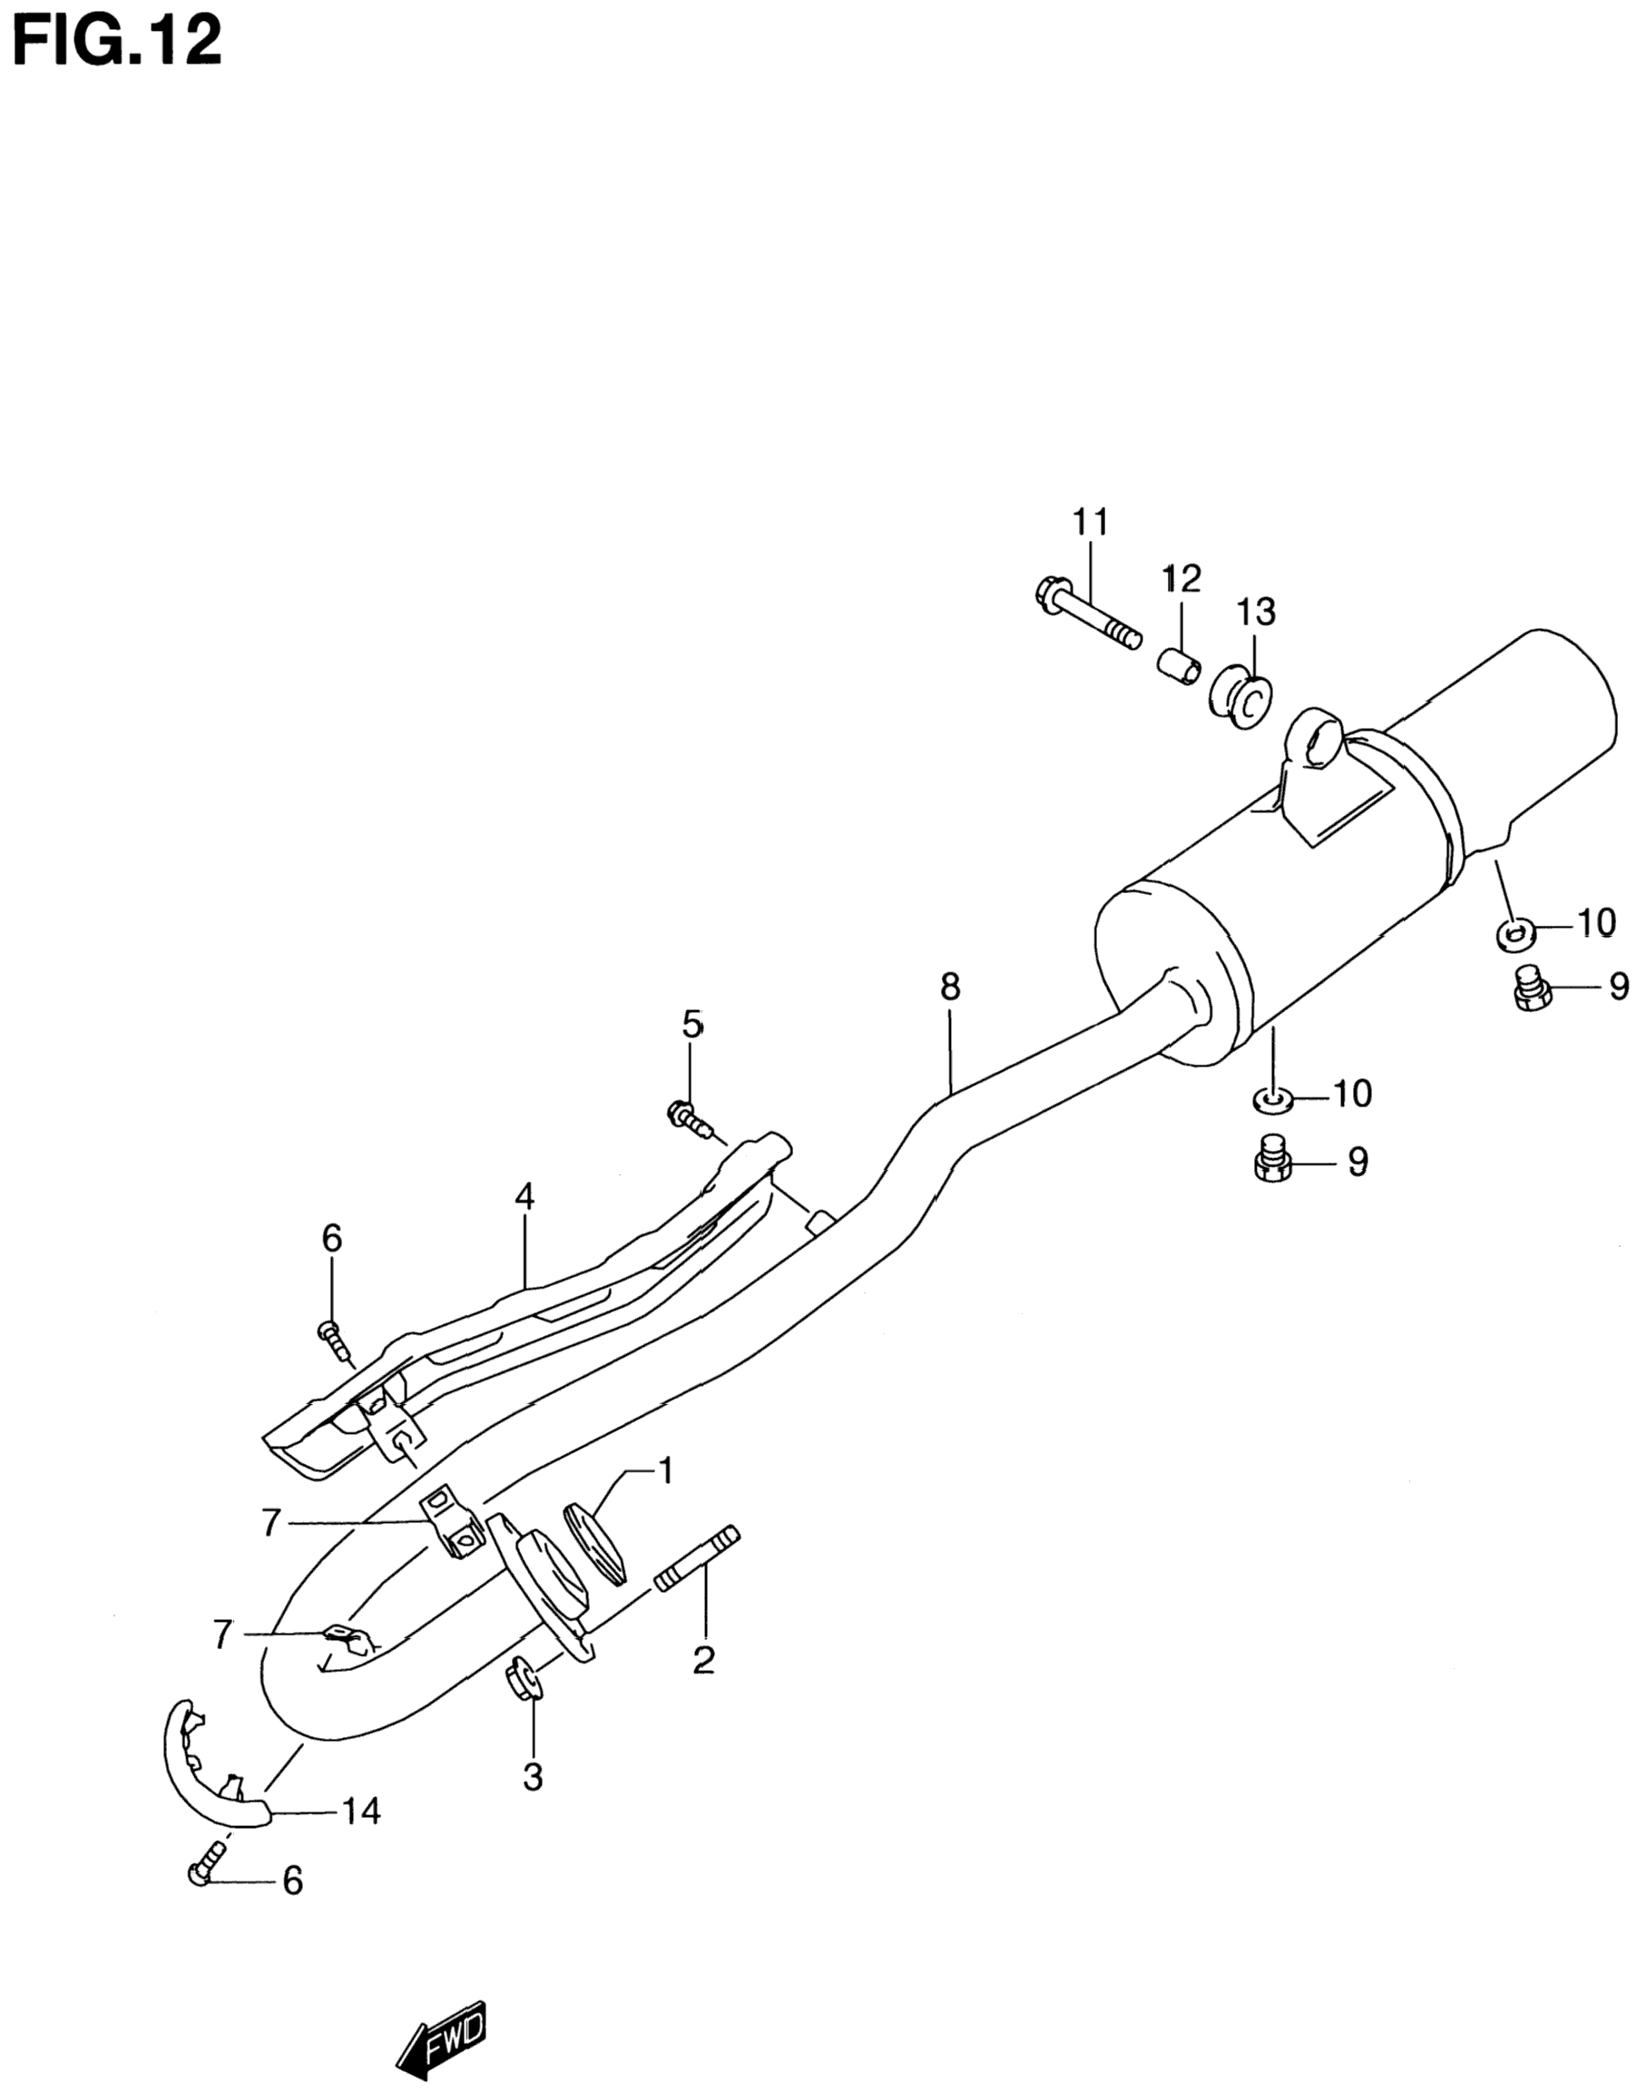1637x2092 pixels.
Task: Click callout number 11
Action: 1090,523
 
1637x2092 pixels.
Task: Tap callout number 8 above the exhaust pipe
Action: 949,987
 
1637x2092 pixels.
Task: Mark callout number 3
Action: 533,1776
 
